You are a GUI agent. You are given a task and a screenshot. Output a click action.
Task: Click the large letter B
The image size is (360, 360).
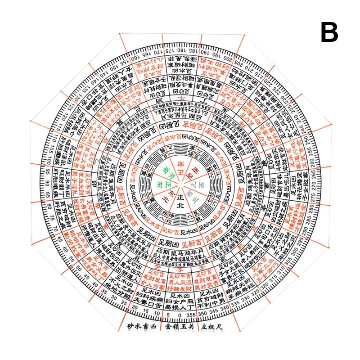tap(329, 32)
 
